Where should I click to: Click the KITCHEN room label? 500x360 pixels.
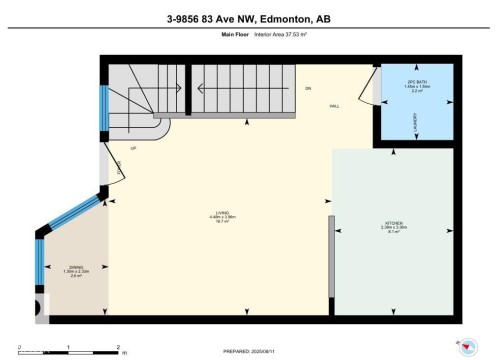click(x=393, y=225)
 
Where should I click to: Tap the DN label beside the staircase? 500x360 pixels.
click(x=308, y=89)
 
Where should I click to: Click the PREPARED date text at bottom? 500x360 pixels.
click(x=250, y=351)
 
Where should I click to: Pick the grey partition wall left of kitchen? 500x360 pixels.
click(x=329, y=266)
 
